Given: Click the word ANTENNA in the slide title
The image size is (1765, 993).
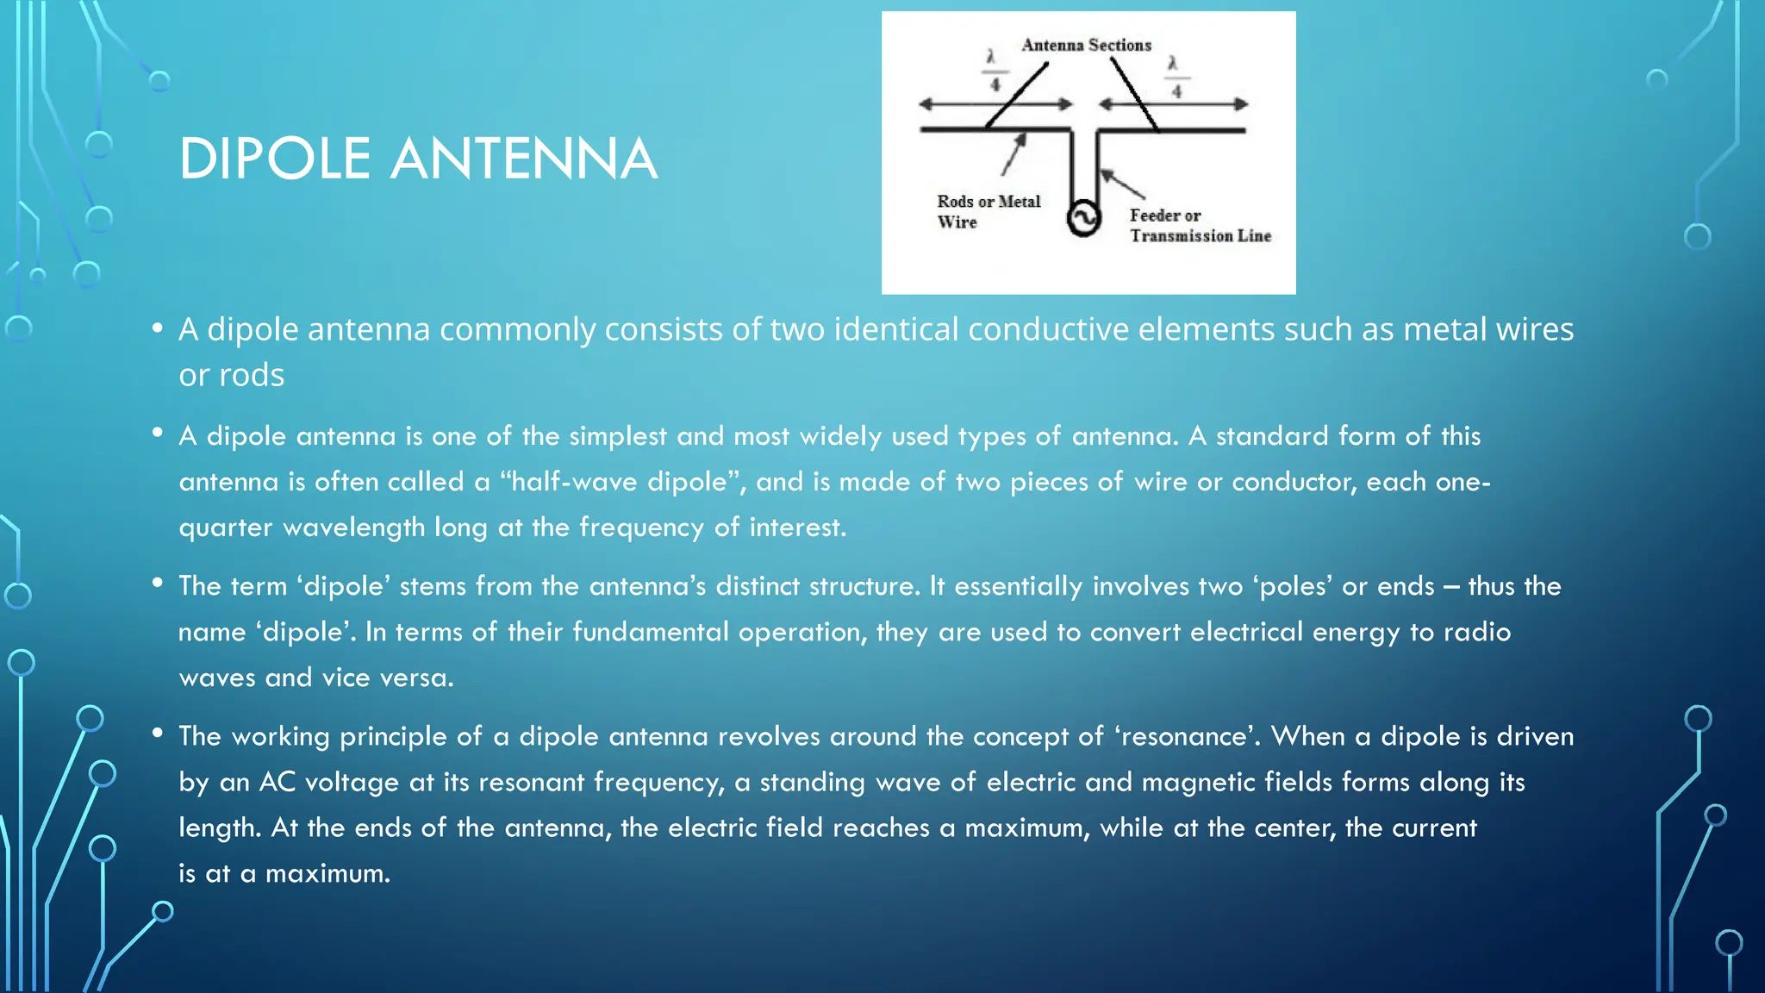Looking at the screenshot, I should click(x=524, y=159).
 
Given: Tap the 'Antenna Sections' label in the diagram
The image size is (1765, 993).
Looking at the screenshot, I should click(x=1086, y=45).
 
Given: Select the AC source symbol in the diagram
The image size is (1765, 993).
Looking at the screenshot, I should click(x=1083, y=219).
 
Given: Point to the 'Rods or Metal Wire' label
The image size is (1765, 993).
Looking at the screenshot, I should click(x=989, y=211).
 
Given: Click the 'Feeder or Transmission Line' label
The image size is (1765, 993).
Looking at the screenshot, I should click(x=1200, y=226).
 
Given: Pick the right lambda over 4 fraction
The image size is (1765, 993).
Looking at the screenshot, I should click(x=1175, y=76).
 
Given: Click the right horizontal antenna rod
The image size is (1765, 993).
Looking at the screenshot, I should click(x=1172, y=131).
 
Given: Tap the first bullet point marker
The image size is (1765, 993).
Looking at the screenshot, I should click(x=157, y=328).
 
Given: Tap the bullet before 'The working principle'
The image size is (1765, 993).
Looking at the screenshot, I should click(x=157, y=734).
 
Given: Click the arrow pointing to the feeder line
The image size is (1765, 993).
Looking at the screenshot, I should click(x=1122, y=184).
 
